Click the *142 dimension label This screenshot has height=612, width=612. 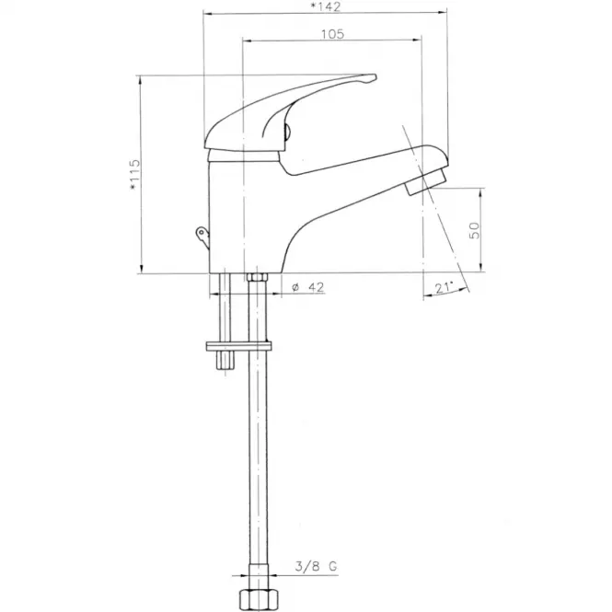pos(325,6)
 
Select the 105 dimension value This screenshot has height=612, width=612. pos(332,34)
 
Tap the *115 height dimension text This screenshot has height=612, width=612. pos(134,175)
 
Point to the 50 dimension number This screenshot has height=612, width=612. pos(474,230)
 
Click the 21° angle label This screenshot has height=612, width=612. pos(444,288)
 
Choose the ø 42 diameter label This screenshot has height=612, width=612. pos(308,287)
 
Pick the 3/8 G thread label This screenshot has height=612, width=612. pos(316,566)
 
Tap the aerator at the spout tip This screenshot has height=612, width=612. pos(426,181)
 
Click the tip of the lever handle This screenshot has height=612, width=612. pos(375,77)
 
